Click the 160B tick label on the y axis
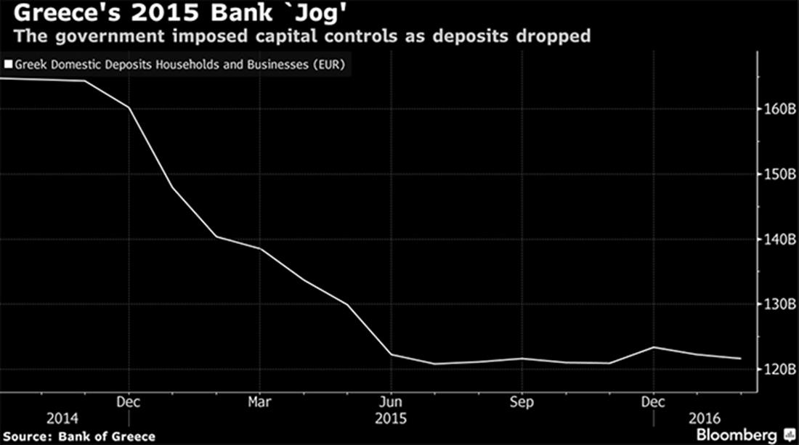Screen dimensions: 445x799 pyautogui.click(x=777, y=109)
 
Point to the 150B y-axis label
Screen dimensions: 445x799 pyautogui.click(x=777, y=174)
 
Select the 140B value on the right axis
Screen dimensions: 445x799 pyautogui.click(x=777, y=239)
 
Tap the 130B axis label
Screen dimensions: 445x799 pyautogui.click(x=777, y=304)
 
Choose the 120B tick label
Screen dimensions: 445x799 pyautogui.click(x=777, y=369)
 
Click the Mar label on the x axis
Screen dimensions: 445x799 pyautogui.click(x=259, y=401)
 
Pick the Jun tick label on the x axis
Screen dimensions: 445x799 pyautogui.click(x=391, y=401)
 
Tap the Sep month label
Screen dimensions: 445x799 pyautogui.click(x=522, y=401)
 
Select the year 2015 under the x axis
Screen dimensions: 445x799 pyautogui.click(x=391, y=419)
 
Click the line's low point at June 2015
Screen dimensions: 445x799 pyautogui.click(x=391, y=354)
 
